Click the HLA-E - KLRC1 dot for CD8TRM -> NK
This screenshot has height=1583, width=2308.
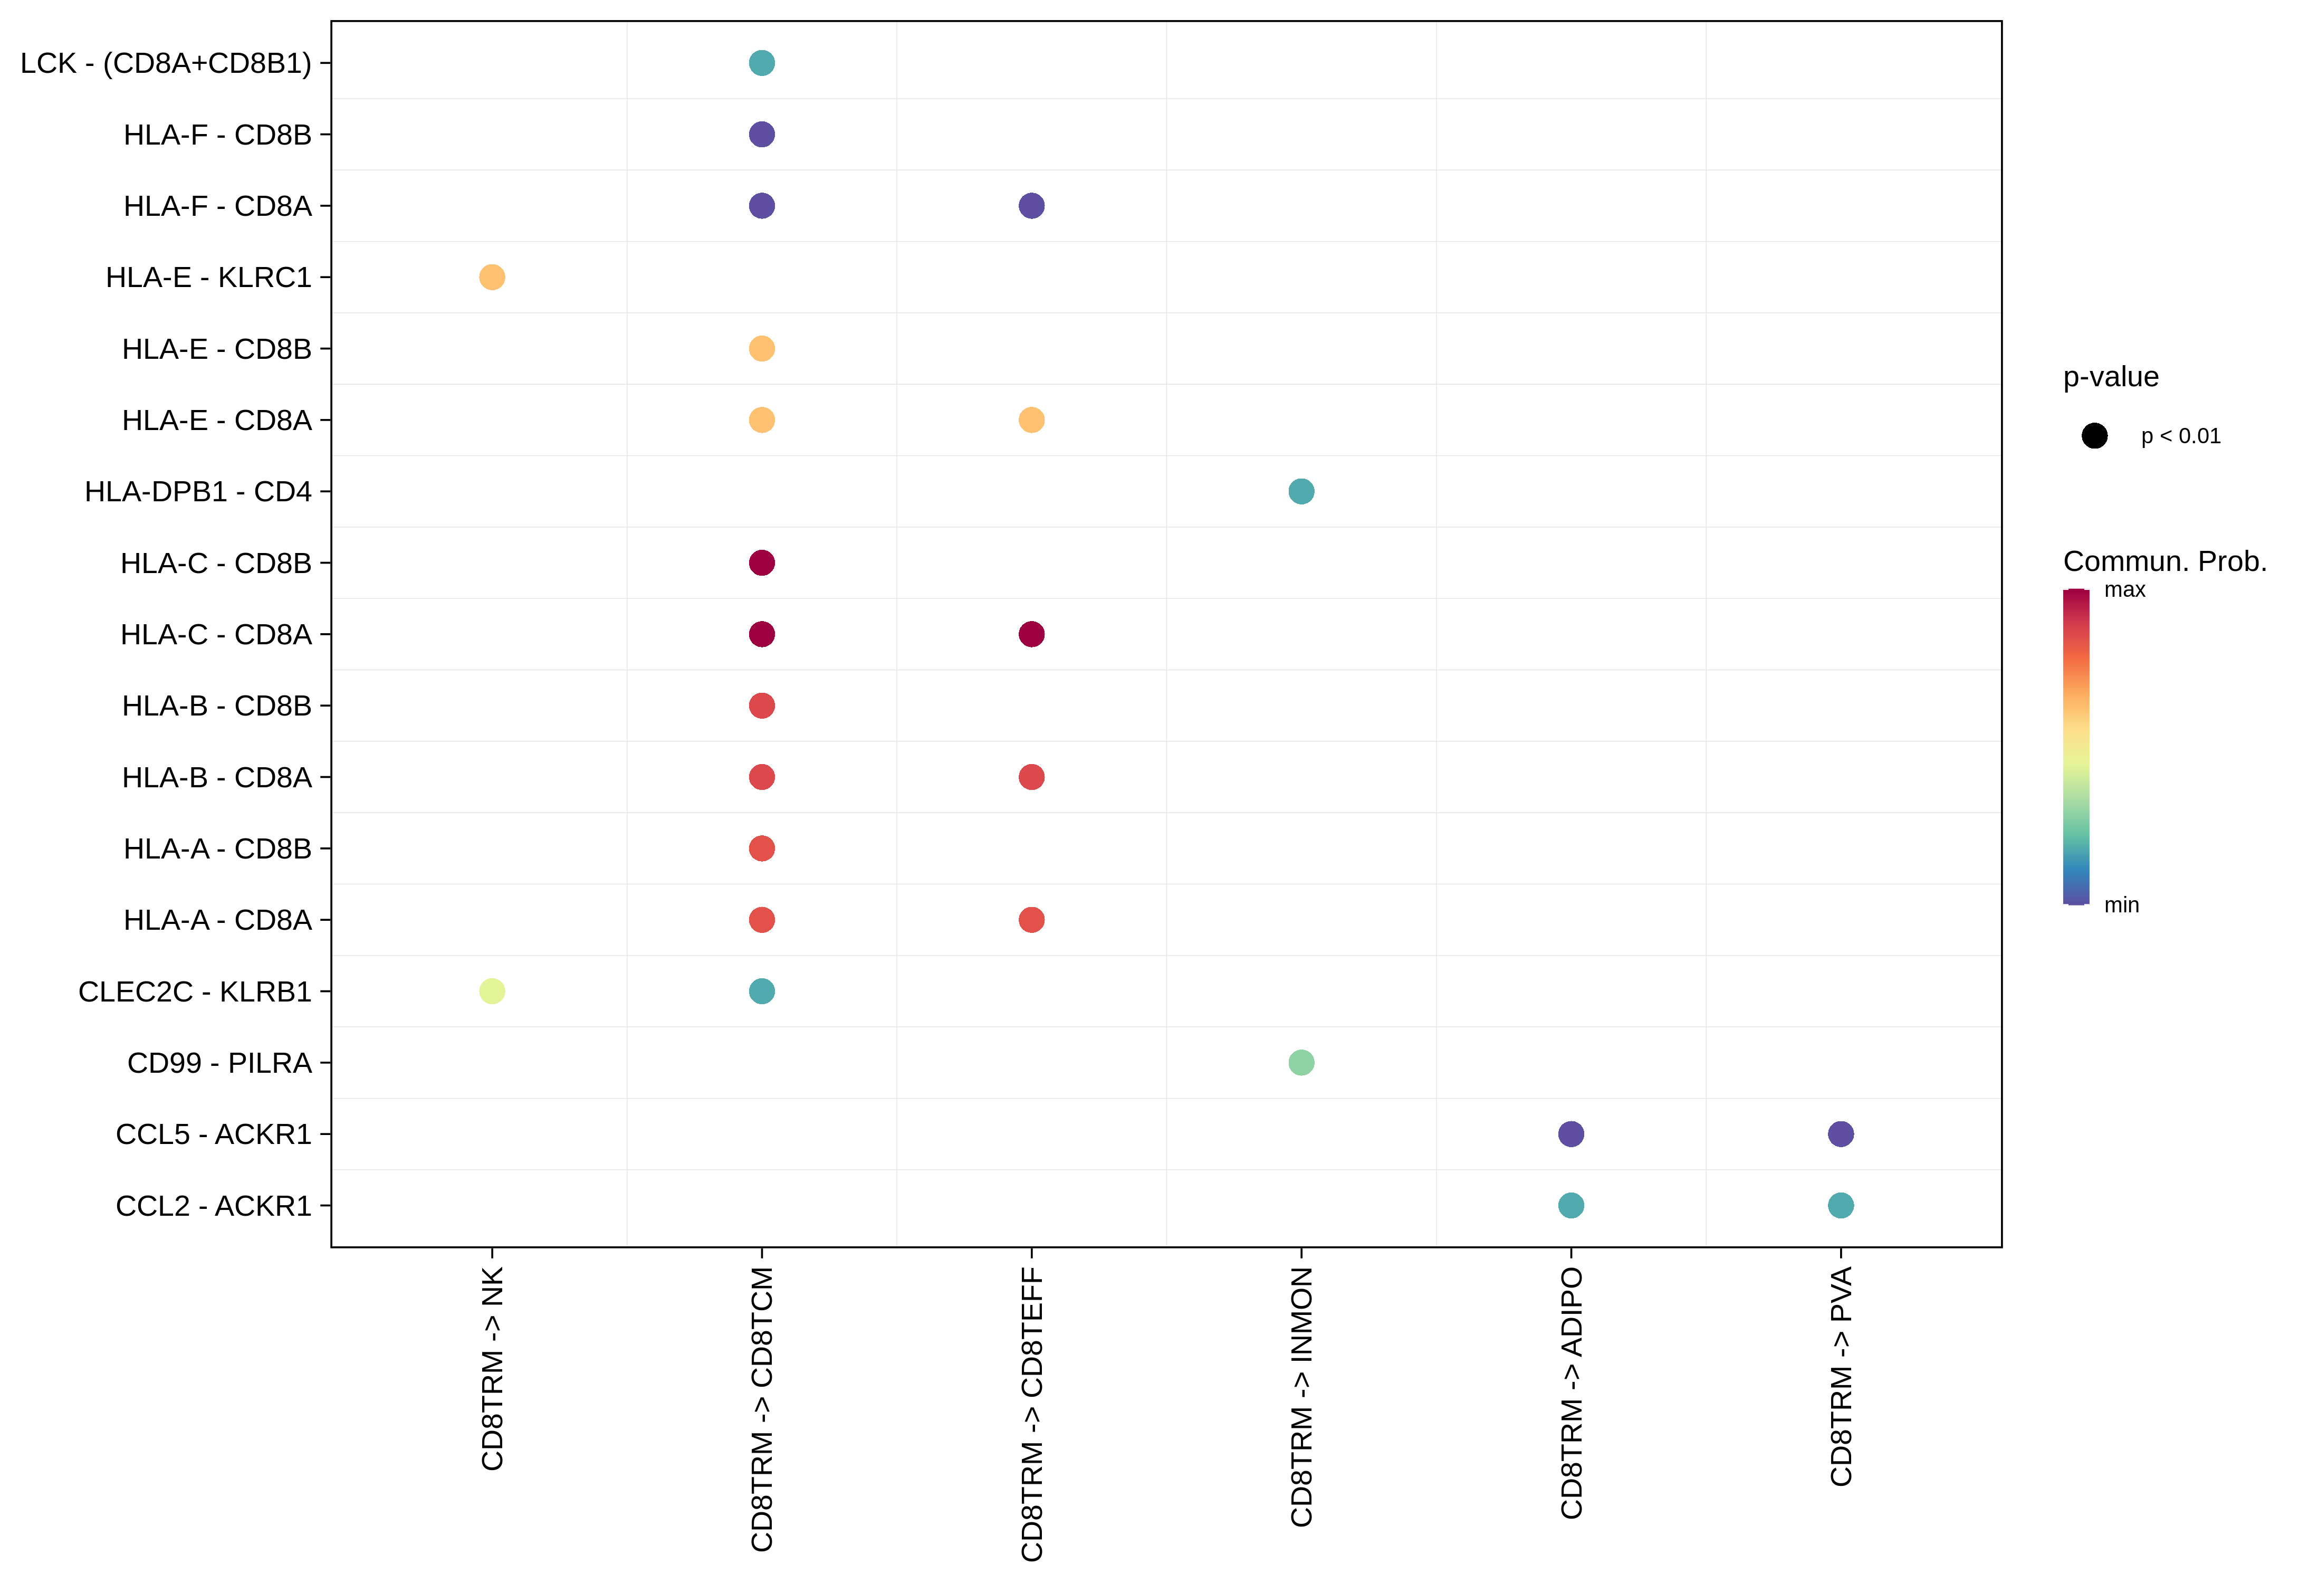point(492,277)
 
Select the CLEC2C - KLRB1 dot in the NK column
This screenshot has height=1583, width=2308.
point(492,991)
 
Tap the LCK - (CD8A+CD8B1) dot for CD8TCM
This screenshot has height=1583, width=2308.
point(762,63)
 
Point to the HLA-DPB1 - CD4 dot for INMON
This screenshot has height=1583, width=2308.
point(1301,492)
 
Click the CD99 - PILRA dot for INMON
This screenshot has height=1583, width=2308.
point(1301,1063)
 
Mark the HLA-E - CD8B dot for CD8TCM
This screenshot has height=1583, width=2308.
point(762,349)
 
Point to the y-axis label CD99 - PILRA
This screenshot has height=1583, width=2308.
point(219,1063)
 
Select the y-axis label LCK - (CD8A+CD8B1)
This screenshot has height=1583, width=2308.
point(166,63)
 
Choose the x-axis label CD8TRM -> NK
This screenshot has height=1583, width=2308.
point(492,1368)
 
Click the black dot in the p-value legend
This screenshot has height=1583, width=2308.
point(2094,436)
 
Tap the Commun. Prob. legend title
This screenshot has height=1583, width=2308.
point(2165,561)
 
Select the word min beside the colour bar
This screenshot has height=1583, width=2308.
point(2121,905)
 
